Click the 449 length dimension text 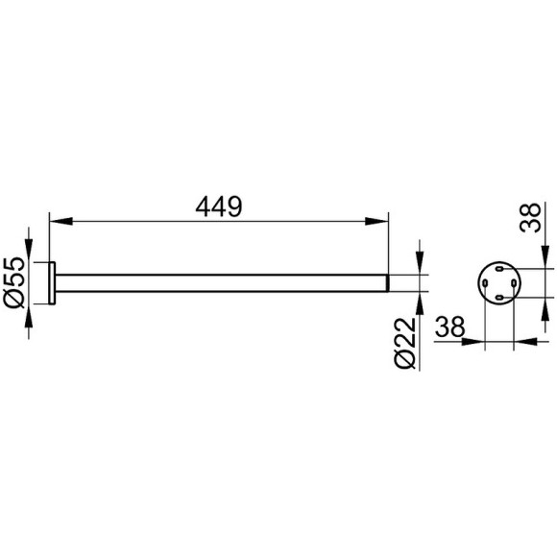tap(219, 206)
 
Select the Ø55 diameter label tap(14, 282)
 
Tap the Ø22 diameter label tap(405, 343)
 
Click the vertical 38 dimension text tap(530, 218)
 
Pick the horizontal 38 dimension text tap(449, 327)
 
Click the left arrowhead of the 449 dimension tap(61, 221)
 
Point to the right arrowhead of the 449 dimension tap(376, 221)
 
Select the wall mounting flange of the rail tap(52, 283)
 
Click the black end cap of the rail tap(388, 283)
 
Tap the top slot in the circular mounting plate tap(499, 269)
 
